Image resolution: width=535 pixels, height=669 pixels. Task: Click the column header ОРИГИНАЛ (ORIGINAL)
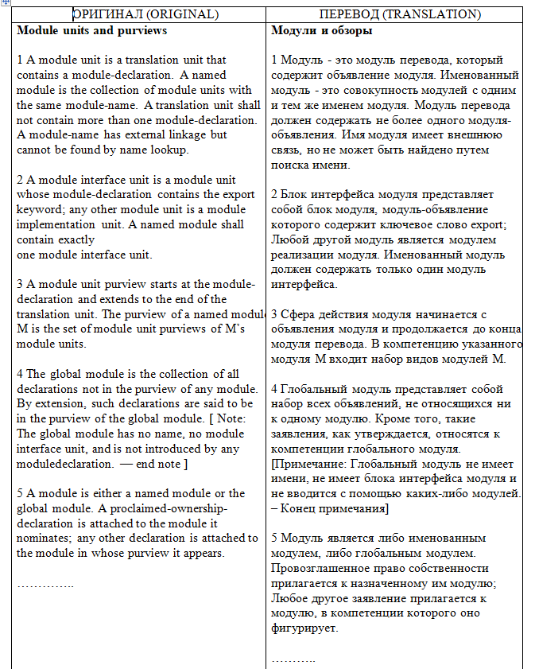pos(145,14)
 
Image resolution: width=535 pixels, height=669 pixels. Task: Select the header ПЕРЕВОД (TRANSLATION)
pos(399,14)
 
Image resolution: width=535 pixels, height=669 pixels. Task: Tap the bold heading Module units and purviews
pos(91,30)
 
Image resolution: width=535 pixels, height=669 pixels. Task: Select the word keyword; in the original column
pos(41,209)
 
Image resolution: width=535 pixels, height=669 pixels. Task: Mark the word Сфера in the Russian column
pos(299,315)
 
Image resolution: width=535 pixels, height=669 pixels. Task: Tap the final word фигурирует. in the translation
pos(304,628)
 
